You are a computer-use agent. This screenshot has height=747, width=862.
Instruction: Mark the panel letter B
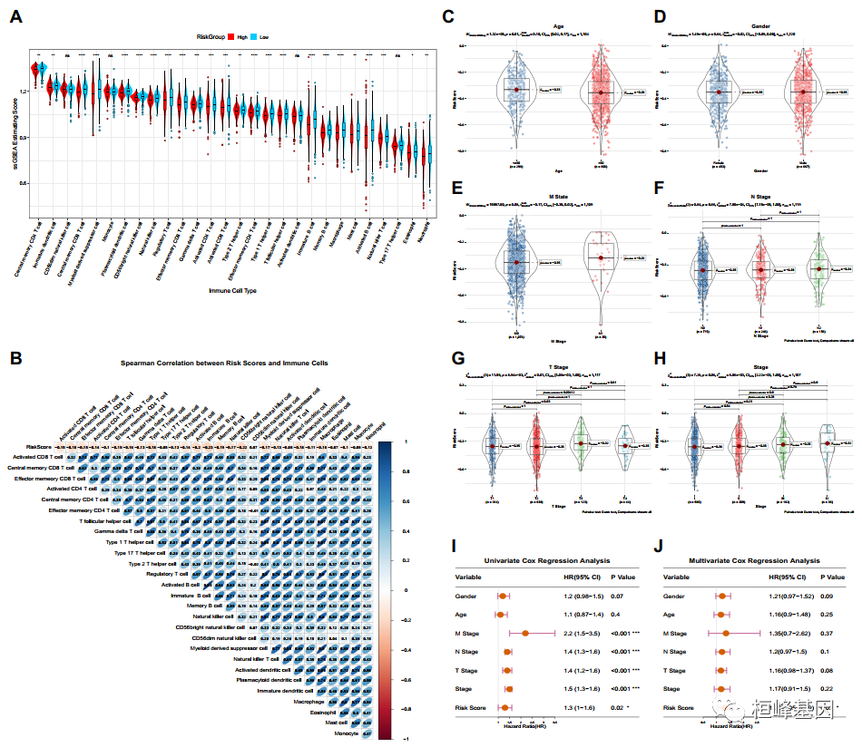click(x=16, y=356)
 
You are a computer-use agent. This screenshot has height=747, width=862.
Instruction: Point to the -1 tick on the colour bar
click(x=404, y=741)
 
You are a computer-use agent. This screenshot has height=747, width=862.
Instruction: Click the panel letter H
click(x=660, y=360)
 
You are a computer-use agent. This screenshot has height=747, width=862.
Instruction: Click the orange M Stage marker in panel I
click(x=525, y=633)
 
